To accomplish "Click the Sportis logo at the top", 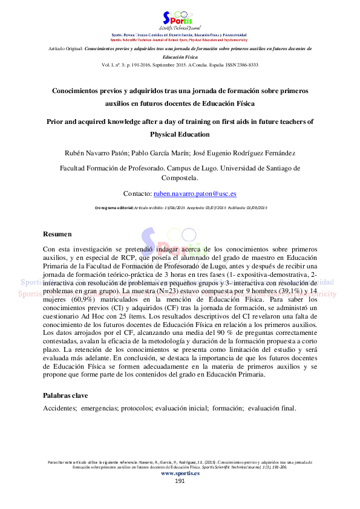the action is click(180, 20).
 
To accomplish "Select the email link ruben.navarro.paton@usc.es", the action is click(194, 193).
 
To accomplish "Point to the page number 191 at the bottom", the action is click(180, 481).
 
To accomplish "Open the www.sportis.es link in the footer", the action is click(180, 473).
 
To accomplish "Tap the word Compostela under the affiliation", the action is click(180, 178).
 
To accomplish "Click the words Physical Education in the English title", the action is click(180, 134).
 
